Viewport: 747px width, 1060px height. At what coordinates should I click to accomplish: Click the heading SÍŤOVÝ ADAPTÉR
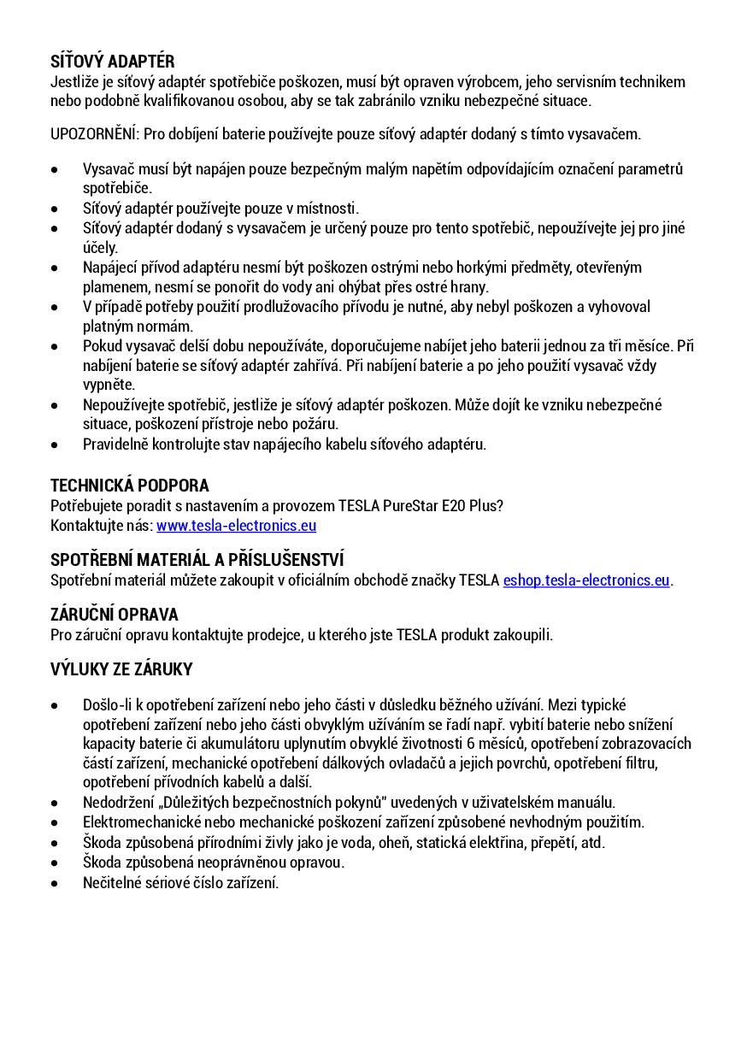click(x=112, y=62)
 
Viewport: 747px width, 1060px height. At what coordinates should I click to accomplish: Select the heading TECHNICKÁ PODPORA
click(x=129, y=486)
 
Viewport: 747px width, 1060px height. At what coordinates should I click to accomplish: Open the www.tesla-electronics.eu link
click(x=236, y=525)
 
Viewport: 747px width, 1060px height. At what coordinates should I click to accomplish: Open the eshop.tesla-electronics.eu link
click(x=586, y=580)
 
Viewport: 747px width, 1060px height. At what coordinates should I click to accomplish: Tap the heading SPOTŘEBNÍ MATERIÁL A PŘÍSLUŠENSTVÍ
click(x=197, y=560)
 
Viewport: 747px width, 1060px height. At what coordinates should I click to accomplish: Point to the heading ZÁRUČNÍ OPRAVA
click(x=114, y=615)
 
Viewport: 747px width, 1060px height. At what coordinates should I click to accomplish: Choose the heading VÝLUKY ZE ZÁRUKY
click(x=121, y=669)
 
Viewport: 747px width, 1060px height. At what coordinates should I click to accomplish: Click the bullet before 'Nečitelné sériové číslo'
click(x=55, y=883)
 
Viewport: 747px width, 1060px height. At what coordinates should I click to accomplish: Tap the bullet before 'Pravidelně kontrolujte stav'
click(x=55, y=445)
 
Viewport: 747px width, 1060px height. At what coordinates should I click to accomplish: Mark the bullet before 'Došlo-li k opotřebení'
click(x=55, y=706)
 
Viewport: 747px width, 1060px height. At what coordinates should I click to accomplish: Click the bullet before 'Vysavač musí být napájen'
click(x=55, y=169)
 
